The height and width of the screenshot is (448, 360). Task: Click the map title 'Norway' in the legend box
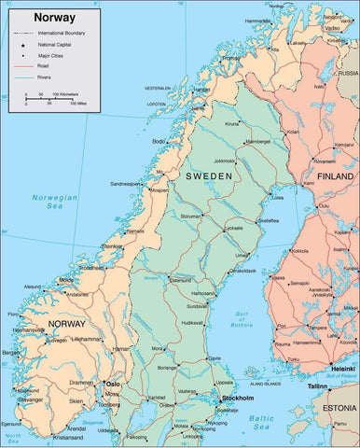[55, 17]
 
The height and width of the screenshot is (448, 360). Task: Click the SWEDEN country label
[208, 175]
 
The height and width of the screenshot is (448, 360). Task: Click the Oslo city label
[113, 383]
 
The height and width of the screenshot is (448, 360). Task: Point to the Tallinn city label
[319, 385]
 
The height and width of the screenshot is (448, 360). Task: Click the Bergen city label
[11, 353]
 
